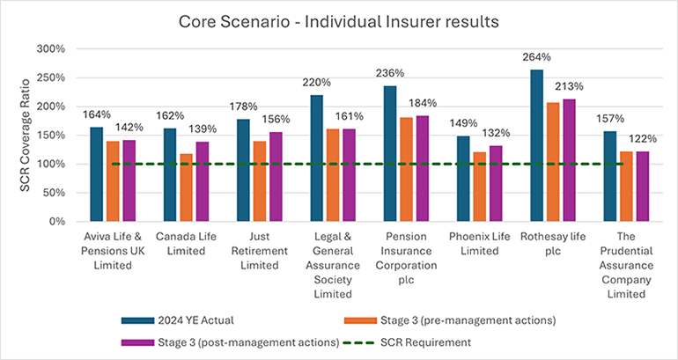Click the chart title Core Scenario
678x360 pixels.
click(x=339, y=19)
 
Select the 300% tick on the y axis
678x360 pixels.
click(x=52, y=49)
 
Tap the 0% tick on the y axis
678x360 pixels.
click(x=58, y=222)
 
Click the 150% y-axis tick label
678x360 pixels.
click(x=52, y=136)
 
